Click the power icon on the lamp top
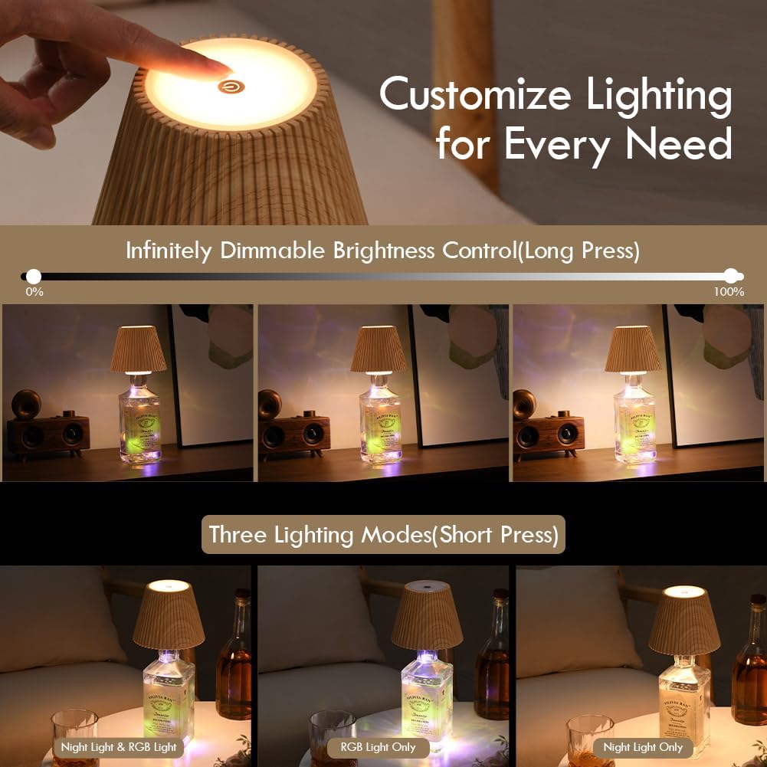click(x=228, y=87)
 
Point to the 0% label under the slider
click(x=34, y=292)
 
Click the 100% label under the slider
click(x=728, y=292)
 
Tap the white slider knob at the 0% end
click(x=33, y=276)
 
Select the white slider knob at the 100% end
click(x=732, y=276)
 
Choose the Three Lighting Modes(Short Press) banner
click(x=383, y=534)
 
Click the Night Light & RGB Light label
click(x=119, y=746)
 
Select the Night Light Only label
click(x=643, y=746)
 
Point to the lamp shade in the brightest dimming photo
click(x=632, y=349)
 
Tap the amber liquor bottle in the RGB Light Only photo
click(x=491, y=659)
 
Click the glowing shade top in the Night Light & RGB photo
click(x=168, y=587)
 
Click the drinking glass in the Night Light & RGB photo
click(x=74, y=732)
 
